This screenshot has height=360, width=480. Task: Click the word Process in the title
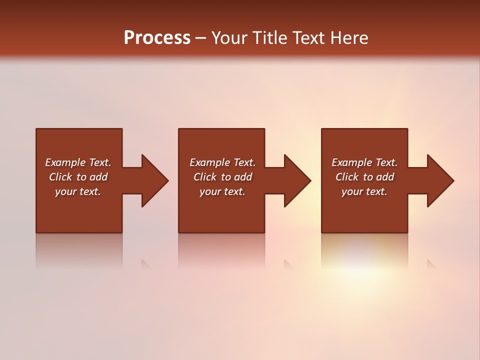(x=157, y=38)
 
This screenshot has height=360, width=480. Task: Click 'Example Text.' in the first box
(x=78, y=162)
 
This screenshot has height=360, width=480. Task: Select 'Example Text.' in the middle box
(x=222, y=162)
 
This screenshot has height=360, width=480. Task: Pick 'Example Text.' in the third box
(x=364, y=162)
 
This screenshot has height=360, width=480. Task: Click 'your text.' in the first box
(x=78, y=191)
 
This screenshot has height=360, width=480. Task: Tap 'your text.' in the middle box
(x=222, y=191)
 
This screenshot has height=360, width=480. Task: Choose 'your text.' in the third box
(x=364, y=191)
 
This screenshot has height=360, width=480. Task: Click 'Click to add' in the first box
(x=78, y=177)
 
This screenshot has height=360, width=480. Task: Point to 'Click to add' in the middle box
(x=222, y=177)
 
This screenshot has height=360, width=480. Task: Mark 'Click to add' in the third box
(x=364, y=177)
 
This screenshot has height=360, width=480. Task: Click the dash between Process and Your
(x=201, y=38)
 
